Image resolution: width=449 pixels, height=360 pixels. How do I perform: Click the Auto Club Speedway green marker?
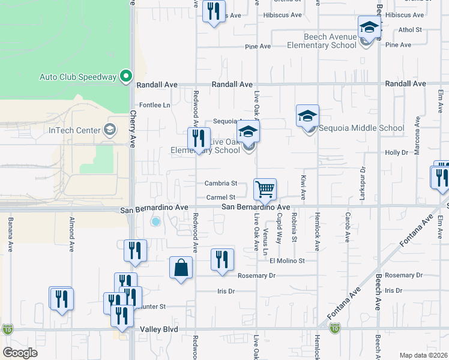(x=125, y=76)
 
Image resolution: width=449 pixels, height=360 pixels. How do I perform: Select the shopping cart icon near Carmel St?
(x=265, y=190)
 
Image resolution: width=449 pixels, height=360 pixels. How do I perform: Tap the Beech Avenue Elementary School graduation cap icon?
(x=370, y=28)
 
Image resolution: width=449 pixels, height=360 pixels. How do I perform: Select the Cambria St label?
(x=221, y=184)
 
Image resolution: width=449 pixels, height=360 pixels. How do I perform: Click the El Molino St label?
(x=287, y=260)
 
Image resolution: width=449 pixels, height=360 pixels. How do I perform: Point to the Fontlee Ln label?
(x=155, y=105)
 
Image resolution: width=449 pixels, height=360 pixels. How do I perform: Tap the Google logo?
(x=20, y=353)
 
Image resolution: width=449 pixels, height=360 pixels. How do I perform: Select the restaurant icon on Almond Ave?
(x=61, y=299)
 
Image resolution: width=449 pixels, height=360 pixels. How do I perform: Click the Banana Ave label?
(x=10, y=235)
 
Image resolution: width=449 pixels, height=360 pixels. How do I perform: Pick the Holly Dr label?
(x=396, y=152)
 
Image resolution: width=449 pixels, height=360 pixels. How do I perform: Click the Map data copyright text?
(x=423, y=355)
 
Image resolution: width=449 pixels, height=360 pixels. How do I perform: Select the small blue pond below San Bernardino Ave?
(x=156, y=221)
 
